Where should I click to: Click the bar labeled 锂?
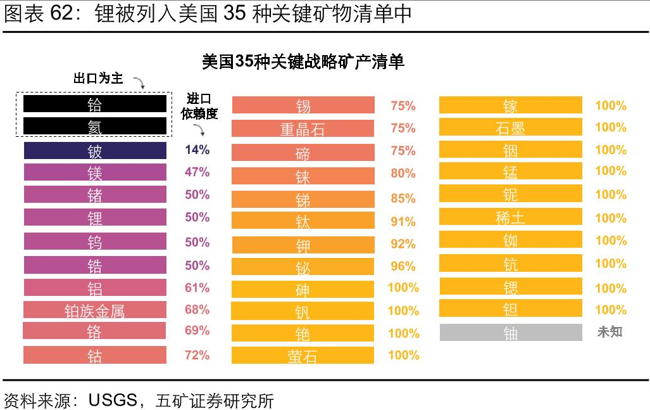95,217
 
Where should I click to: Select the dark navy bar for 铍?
95,151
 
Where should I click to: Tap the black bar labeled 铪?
95,104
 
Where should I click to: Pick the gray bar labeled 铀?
510,333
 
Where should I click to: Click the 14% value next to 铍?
197,150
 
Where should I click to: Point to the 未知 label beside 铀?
609,331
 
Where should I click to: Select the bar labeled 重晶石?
303,129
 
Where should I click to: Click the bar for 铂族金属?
95,310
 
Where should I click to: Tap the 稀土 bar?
510,217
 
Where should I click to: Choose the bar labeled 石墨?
510,127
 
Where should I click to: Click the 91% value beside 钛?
403,222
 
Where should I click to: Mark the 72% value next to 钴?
197,355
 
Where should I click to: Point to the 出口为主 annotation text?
98,79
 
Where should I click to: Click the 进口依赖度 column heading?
199,106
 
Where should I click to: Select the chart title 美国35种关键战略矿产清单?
303,61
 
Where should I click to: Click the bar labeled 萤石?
303,356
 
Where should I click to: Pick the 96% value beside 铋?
403,266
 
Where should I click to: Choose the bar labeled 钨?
95,241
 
